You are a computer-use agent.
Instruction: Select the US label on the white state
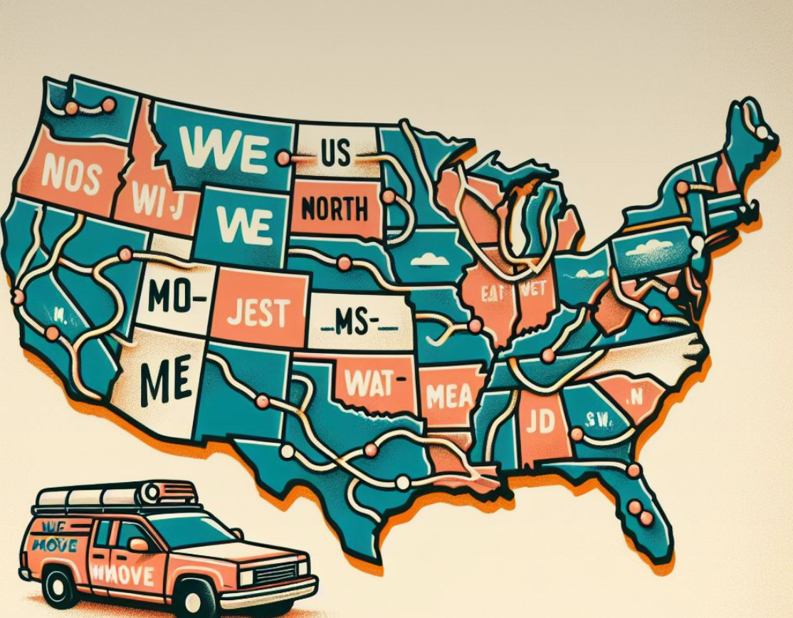tap(335, 153)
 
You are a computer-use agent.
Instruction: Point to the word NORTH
tap(334, 209)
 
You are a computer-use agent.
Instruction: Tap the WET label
tap(531, 289)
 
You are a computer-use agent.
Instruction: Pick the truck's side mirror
tap(140, 544)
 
